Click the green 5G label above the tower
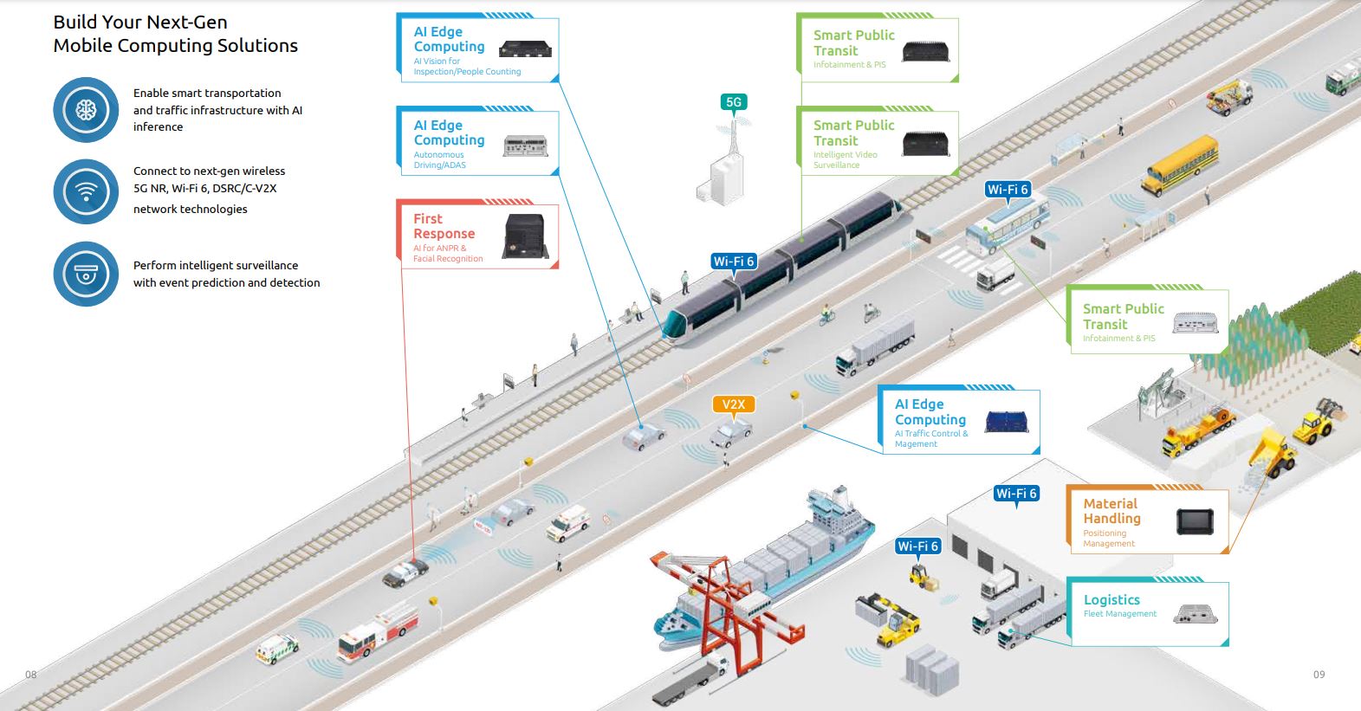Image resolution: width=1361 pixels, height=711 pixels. click(734, 102)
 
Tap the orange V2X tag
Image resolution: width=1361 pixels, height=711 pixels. click(733, 404)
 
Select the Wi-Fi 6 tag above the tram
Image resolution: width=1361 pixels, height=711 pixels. click(734, 262)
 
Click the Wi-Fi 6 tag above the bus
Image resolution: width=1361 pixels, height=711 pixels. click(1008, 190)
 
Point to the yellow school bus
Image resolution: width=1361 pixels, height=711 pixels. click(1179, 165)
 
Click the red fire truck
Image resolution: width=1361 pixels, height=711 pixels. click(377, 633)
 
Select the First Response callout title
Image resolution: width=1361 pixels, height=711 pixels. click(444, 226)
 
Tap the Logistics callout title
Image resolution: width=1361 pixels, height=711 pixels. click(1111, 599)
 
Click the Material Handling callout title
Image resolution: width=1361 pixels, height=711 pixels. click(1111, 511)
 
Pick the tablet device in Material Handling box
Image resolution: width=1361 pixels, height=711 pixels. click(1195, 521)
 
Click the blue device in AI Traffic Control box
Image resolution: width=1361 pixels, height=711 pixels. click(1007, 421)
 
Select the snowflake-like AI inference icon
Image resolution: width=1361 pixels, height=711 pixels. click(86, 110)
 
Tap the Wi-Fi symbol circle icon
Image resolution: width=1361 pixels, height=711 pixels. click(86, 191)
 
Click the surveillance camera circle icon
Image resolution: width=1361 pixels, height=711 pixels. click(86, 274)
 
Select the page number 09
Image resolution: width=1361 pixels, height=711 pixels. click(1319, 675)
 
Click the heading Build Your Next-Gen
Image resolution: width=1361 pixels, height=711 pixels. click(140, 23)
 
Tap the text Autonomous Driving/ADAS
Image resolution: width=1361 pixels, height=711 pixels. click(439, 160)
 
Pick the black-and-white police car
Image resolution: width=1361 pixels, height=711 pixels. click(405, 571)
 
